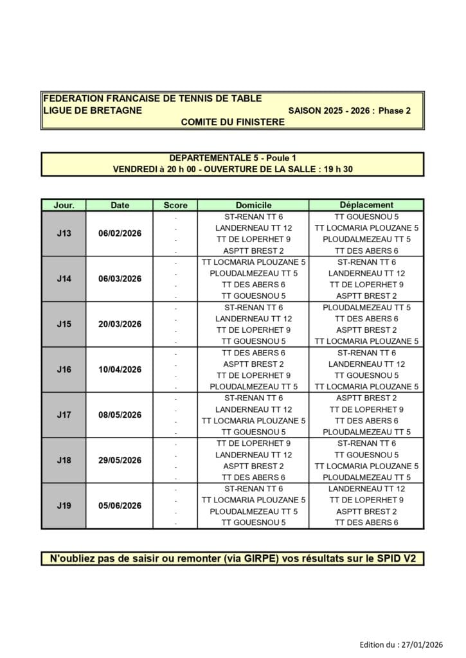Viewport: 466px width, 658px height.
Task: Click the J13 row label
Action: tap(64, 233)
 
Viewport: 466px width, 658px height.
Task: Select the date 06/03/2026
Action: tap(120, 279)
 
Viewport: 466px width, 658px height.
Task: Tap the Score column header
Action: tap(175, 205)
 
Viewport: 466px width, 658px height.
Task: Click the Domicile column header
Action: tap(253, 205)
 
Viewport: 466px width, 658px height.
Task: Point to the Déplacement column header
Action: tap(366, 205)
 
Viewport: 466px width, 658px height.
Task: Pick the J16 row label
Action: tap(64, 369)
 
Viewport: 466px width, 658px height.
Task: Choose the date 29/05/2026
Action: tap(120, 460)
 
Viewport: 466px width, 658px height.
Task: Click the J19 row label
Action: tap(64, 506)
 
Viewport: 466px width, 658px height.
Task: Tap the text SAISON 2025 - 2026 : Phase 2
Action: tap(349, 110)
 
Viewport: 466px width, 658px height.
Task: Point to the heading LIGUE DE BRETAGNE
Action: tap(92, 110)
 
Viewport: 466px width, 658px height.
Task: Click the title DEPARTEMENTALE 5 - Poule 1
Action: tap(232, 158)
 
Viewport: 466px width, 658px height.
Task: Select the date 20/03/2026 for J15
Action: tap(120, 325)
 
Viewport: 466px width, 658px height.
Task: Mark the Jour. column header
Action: tap(64, 205)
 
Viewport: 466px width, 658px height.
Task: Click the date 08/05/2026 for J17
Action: tap(120, 415)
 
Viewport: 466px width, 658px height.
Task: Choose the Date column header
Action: tap(120, 205)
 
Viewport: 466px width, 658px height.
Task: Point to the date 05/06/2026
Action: tap(120, 506)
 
